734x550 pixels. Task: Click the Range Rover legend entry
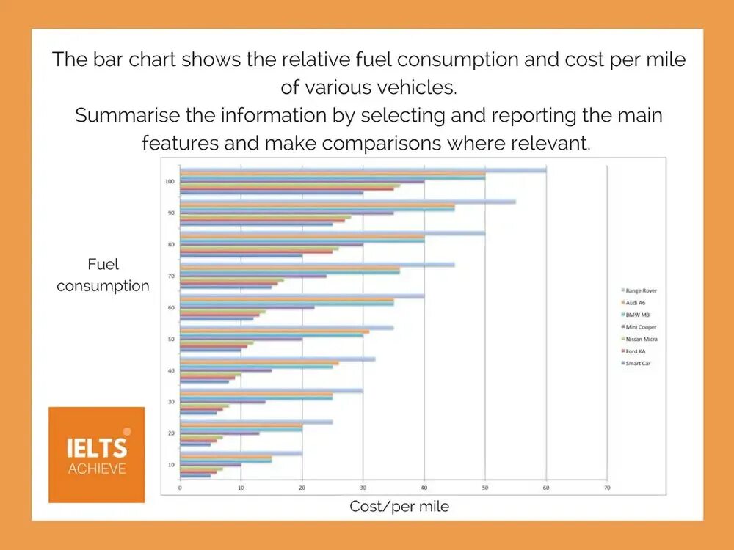pos(639,290)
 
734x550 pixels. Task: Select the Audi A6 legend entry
pos(636,302)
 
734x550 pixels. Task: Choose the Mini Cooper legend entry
pos(639,326)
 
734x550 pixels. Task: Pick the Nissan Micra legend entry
pos(640,339)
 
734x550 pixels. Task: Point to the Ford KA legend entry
pos(635,351)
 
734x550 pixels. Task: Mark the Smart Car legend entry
pos(636,363)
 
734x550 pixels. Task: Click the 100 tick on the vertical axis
pos(170,181)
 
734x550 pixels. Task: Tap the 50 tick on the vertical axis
pos(170,339)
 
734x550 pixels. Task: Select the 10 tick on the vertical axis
pos(170,465)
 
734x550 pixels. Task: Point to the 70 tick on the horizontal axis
pos(606,487)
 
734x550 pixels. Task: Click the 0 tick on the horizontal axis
pos(180,487)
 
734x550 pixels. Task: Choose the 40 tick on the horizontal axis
pos(424,487)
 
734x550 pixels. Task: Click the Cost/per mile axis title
pos(399,506)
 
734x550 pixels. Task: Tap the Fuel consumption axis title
pos(103,275)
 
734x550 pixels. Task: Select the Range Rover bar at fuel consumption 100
pos(363,170)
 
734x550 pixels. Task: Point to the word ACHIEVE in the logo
pos(97,469)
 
